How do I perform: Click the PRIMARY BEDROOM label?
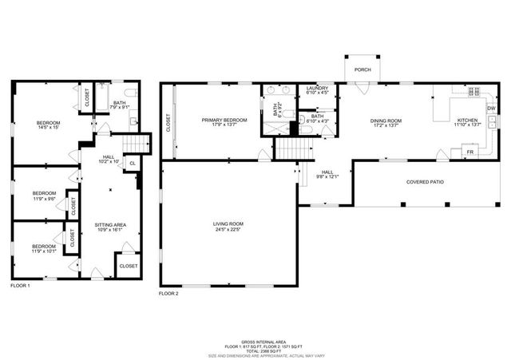pos(224,120)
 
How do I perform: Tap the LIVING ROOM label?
pos(228,224)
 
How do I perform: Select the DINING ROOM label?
pos(386,121)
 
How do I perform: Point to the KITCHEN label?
pos(467,121)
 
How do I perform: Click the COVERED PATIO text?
pos(425,182)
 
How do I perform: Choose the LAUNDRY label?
pos(317,88)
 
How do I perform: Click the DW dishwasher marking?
pos(491,109)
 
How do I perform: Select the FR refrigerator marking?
pos(470,151)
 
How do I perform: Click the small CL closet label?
pos(131,164)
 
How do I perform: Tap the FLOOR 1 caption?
pos(20,286)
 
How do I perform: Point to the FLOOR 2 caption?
pos(168,294)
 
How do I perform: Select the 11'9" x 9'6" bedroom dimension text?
pos(44,197)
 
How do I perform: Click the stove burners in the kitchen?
pos(473,91)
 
